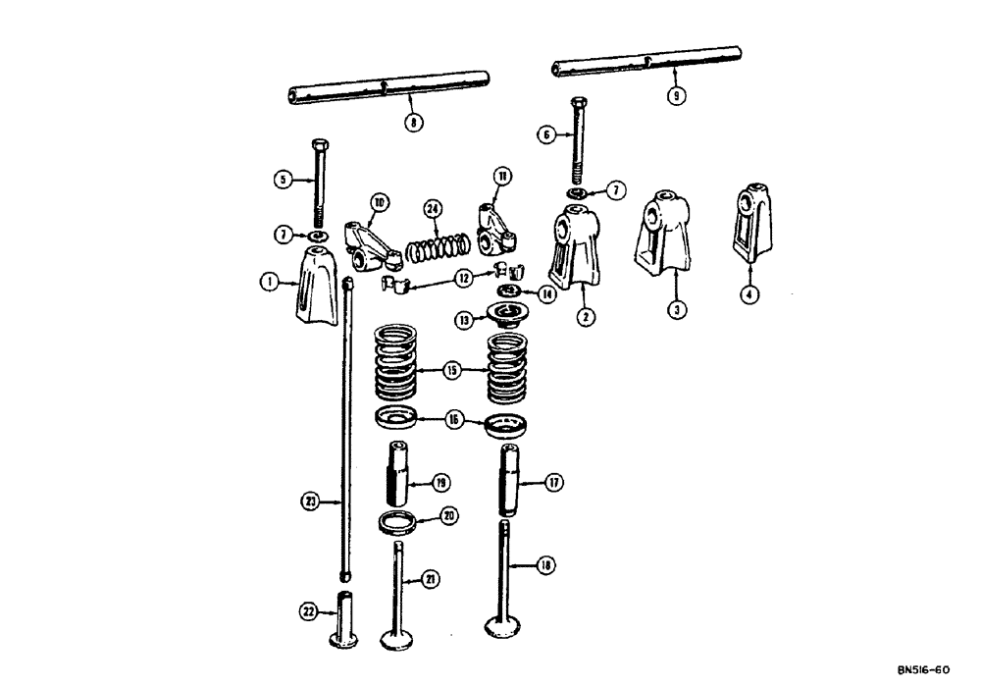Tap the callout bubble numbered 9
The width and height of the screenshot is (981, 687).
(675, 95)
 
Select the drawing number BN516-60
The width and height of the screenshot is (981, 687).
(922, 670)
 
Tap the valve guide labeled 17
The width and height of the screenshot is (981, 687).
(511, 479)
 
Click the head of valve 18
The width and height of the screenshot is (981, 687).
(509, 629)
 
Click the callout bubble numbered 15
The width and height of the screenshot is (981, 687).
(451, 370)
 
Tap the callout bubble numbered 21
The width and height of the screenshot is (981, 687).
(428, 581)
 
